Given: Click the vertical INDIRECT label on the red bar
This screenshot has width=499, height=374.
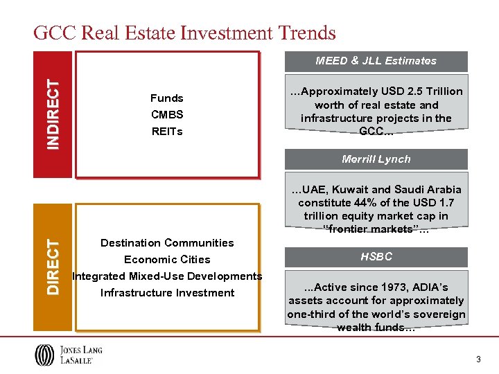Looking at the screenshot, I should coord(53,114).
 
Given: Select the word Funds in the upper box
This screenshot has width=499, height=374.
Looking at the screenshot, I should coord(166,98).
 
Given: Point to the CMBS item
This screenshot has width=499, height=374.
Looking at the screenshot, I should coord(166,114).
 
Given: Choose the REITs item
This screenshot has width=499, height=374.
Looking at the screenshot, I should coord(166,131).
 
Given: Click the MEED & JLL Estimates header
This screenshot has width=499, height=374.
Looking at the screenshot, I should coord(376,61).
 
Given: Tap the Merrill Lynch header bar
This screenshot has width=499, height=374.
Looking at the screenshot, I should coord(376,159).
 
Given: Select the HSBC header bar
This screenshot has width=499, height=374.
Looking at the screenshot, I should coord(376,257).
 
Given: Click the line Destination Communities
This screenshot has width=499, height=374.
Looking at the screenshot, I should coord(167,242).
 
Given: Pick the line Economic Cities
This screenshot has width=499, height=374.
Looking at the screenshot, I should coord(167,259).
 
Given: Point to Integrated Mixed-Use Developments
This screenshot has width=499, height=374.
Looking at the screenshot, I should coord(167,276).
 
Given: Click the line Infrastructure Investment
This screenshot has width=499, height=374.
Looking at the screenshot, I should coord(167,292).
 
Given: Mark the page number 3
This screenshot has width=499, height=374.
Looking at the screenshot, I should coord(478,359).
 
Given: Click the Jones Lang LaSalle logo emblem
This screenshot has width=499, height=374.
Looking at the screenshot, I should coord(43,355).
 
